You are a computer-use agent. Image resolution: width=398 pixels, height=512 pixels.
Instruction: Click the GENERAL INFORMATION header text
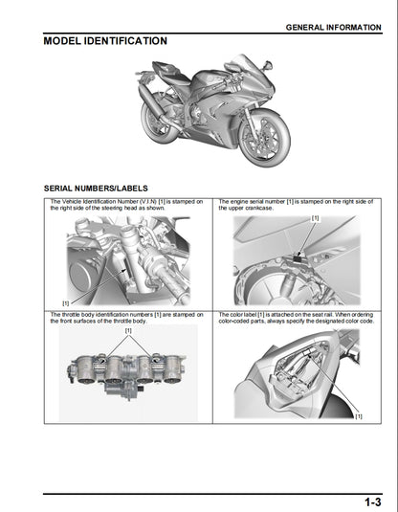click(332, 28)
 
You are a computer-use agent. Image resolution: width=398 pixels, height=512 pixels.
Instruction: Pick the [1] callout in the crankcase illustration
click(315, 219)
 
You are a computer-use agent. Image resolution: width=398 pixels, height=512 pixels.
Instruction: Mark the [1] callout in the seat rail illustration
click(359, 416)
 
